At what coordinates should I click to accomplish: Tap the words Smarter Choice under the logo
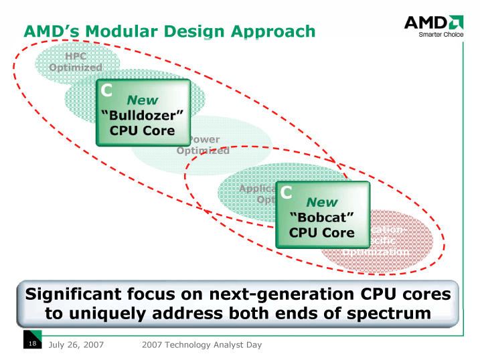pos(441,35)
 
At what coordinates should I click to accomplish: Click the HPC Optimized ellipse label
pos(76,62)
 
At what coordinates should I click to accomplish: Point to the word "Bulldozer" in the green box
pos(142,115)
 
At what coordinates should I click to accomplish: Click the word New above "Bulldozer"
pos(142,100)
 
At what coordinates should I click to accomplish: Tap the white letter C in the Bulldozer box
pos(106,90)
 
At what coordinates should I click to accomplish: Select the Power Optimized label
pos(203,145)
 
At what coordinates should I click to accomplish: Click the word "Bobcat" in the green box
pos(322,217)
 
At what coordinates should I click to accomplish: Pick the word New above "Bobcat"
pos(322,202)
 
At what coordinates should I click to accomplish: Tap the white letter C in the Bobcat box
pos(287,193)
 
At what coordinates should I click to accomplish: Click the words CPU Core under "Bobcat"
pos(322,233)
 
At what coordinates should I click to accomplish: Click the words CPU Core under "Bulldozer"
pos(142,130)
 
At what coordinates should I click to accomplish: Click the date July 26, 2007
pos(78,345)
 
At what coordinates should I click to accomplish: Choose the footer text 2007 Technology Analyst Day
pos(202,345)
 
